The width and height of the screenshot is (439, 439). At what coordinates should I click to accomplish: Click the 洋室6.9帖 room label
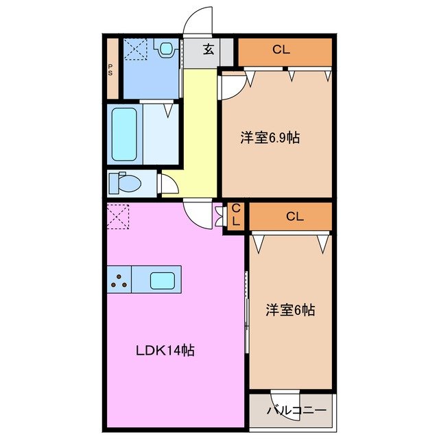[x=269, y=138]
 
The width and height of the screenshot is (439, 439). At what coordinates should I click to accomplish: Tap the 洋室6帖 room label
[x=290, y=310]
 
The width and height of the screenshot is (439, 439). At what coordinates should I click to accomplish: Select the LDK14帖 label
[x=164, y=351]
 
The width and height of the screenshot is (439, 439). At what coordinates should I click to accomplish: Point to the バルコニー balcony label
[x=296, y=411]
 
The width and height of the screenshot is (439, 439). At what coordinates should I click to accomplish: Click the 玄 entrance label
[x=208, y=49]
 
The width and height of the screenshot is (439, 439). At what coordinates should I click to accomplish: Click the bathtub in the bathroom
[x=124, y=134]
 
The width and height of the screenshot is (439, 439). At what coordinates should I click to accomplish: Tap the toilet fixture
[x=126, y=182]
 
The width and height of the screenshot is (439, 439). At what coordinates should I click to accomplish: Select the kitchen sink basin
[x=163, y=280]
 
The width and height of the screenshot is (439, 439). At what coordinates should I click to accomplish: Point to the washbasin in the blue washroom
[x=165, y=48]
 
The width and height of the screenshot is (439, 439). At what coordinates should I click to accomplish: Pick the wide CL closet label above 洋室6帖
[x=295, y=217]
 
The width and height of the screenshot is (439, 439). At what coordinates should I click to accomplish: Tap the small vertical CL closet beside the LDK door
[x=235, y=215]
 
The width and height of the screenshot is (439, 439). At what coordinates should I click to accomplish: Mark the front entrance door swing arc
[x=199, y=21]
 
